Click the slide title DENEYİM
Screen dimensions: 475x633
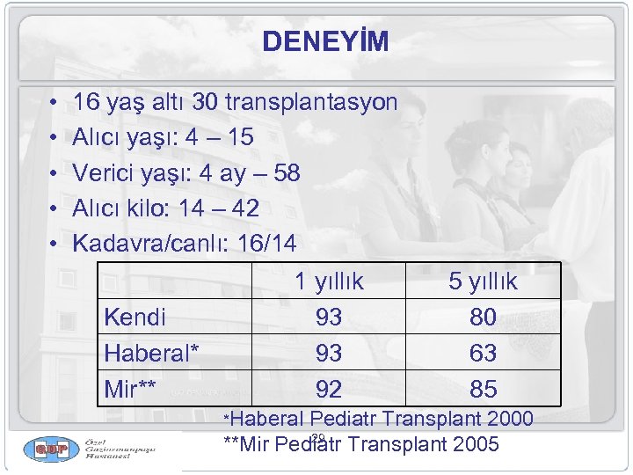coord(324,42)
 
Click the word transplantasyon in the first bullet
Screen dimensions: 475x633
coord(311,103)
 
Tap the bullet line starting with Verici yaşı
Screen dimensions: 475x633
coord(186,173)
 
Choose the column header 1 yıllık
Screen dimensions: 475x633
coord(329,281)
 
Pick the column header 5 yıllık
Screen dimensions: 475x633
coord(483,281)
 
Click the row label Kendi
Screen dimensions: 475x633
coord(135,317)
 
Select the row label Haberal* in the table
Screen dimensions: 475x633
coord(151,353)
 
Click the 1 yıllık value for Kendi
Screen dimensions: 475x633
coord(329,317)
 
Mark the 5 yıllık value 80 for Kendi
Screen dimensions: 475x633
coord(483,317)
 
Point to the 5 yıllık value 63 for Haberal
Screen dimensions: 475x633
coord(483,353)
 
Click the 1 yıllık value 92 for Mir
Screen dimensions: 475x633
coord(329,388)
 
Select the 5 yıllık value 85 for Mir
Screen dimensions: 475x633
coord(483,388)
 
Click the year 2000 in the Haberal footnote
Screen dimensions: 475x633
coord(505,419)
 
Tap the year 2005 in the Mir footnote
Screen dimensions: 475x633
coord(471,443)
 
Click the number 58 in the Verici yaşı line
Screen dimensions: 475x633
coord(286,173)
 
